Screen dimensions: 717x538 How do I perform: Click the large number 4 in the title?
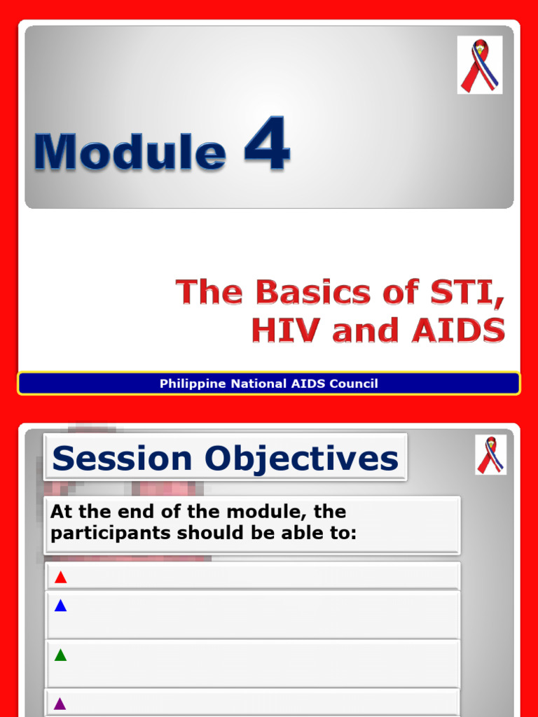point(267,145)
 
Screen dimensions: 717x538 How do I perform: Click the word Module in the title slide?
point(130,152)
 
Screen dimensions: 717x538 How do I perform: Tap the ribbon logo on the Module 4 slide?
point(479,65)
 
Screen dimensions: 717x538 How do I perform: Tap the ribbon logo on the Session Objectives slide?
point(490,455)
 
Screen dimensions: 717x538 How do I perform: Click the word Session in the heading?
point(122,459)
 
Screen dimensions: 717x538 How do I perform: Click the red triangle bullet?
point(60,578)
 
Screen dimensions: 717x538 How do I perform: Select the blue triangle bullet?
point(60,606)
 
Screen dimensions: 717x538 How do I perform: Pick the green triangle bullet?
point(60,655)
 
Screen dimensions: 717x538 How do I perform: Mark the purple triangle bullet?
point(60,704)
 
